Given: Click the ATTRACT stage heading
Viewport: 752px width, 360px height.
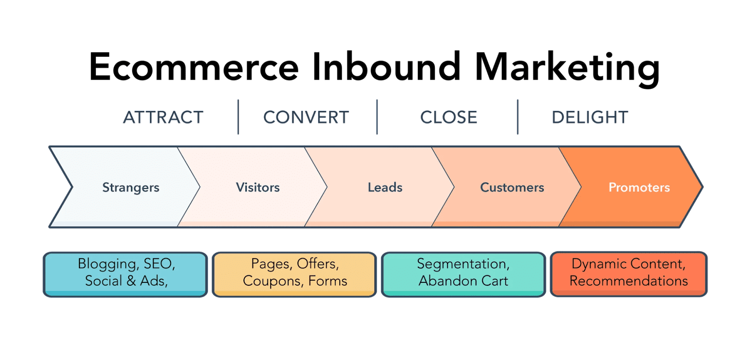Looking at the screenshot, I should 163,117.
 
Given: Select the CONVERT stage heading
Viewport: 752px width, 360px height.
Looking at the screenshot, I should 306,117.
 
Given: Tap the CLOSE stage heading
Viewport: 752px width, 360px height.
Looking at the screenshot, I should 448,117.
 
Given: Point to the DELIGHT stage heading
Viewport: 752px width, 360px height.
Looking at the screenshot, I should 589,117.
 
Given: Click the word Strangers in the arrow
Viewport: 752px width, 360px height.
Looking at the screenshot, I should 131,188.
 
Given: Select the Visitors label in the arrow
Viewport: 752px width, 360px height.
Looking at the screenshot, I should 258,188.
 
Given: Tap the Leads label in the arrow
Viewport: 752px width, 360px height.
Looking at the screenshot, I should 385,188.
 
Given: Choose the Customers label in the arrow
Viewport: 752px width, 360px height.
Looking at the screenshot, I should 512,188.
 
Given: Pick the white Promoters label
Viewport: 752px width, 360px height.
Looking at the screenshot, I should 639,188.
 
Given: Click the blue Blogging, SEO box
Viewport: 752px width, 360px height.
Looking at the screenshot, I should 125,274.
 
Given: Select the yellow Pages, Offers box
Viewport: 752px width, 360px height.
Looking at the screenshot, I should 295,274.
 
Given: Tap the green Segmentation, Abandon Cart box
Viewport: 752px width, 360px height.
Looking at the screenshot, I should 463,274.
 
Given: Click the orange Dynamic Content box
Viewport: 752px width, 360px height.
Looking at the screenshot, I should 628,274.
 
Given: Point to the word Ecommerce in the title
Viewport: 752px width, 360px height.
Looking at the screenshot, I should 195,67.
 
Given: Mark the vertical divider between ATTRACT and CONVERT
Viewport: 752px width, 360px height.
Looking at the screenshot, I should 238,117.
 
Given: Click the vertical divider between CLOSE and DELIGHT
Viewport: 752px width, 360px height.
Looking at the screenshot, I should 517,117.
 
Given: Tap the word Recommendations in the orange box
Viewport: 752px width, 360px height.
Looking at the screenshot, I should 628,281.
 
